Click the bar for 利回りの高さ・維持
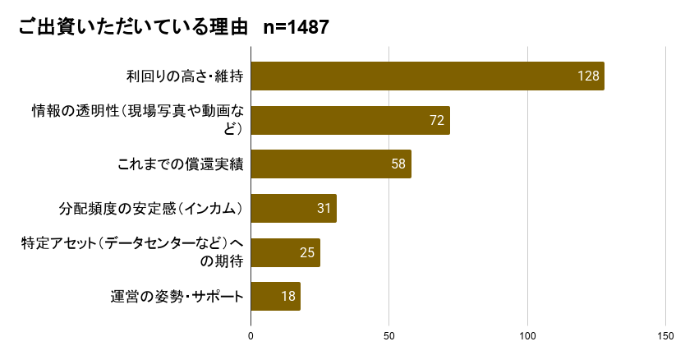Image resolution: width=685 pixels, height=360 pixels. [427, 76]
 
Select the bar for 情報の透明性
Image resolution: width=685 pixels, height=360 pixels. [350, 120]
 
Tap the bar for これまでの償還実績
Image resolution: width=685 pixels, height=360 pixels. [330, 164]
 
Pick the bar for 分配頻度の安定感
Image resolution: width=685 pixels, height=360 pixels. [293, 209]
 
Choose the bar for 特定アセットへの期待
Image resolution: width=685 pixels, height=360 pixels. [285, 252]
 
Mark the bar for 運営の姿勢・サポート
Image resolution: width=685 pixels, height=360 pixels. [275, 297]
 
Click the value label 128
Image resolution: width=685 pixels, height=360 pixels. [589, 76]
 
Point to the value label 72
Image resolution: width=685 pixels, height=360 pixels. [437, 120]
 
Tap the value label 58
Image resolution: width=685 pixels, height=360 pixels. [398, 164]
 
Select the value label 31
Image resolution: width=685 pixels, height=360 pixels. [324, 209]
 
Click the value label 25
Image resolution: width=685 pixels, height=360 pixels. [307, 252]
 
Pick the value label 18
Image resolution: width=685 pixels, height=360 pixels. [287, 297]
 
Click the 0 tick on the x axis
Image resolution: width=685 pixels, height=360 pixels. [251, 335]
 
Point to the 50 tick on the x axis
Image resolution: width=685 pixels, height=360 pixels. [389, 335]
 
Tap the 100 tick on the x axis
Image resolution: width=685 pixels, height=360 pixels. [527, 335]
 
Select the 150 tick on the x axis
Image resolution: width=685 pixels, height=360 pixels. [665, 335]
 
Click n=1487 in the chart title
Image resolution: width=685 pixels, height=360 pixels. [297, 27]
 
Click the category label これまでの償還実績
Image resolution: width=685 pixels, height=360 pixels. [181, 164]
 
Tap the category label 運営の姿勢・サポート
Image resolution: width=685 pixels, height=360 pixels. [177, 297]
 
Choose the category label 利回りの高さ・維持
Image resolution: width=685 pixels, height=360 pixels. [185, 76]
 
